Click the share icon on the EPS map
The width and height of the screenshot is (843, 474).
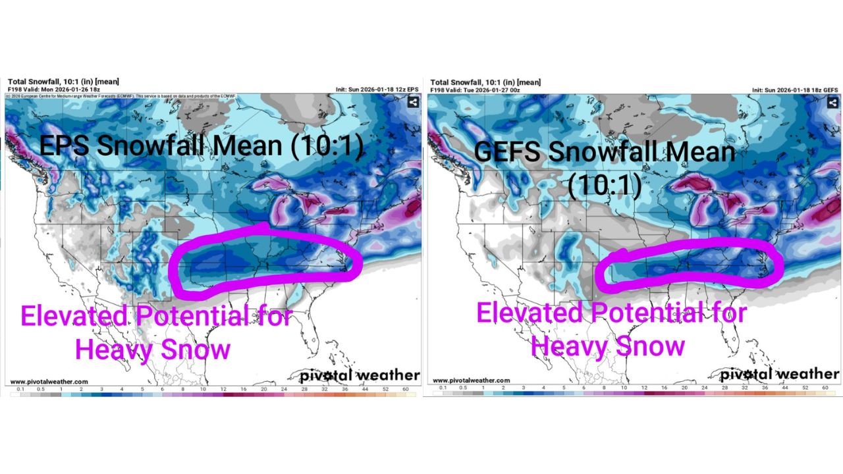413,102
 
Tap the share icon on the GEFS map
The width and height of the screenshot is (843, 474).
833,102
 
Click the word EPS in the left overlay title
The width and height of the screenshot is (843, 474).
66,145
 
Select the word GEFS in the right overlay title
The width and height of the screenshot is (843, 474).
508,152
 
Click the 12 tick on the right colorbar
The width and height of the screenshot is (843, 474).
644,388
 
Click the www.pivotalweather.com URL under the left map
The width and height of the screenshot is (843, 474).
49,381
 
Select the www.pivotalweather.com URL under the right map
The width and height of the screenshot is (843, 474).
471,381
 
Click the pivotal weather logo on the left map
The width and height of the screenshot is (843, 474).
360,375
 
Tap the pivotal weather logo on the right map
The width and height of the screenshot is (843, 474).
779,374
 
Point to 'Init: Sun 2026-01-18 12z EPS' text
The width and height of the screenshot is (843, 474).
377,90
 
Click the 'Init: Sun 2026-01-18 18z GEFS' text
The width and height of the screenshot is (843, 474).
795,90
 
